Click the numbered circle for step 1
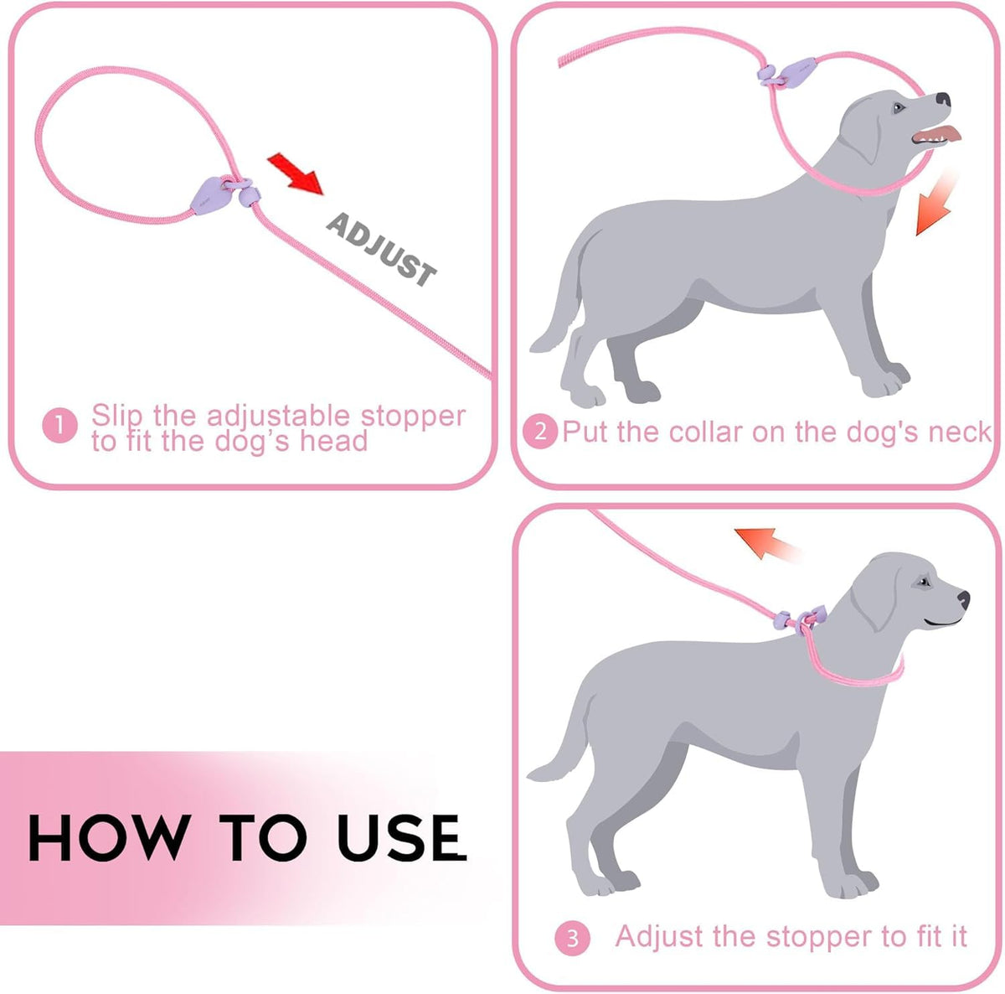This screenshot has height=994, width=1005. point(59,426)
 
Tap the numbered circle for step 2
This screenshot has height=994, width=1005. point(540,432)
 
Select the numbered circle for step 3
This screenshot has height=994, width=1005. point(572,938)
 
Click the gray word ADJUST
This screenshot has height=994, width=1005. point(381,250)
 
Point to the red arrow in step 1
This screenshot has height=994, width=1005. point(295,173)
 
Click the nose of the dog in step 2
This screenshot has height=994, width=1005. point(943,99)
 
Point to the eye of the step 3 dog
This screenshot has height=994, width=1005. point(923,582)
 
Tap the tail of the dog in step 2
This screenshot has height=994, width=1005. point(559,298)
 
